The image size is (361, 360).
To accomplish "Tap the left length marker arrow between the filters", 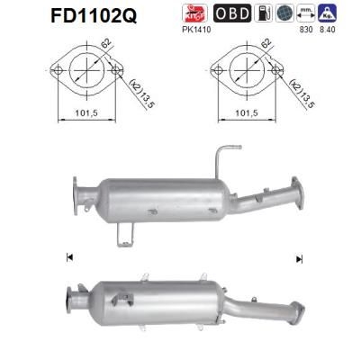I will pyautogui.click(x=69, y=258).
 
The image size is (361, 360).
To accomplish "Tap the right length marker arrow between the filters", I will pyautogui.click(x=298, y=258).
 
